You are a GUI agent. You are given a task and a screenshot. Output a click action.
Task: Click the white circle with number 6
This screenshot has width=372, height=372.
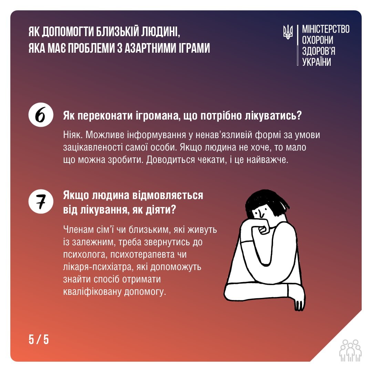point(41,115)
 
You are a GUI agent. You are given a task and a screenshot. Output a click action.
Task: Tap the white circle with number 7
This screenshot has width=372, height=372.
point(41,201)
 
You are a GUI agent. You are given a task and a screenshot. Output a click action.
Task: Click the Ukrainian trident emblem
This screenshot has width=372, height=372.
point(288,32)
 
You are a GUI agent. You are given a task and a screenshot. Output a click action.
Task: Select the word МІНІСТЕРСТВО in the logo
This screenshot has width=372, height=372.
point(326,29)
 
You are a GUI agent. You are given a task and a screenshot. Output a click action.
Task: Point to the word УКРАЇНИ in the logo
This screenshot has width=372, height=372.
point(317,62)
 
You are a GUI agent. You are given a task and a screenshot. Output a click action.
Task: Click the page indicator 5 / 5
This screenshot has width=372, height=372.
point(39,340)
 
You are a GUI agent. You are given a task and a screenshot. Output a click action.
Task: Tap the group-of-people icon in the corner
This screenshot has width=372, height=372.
point(350,350)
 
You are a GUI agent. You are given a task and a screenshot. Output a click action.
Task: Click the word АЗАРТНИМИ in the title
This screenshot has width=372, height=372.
point(151,48)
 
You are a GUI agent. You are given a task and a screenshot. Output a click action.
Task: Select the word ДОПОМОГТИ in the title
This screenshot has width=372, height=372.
point(68,32)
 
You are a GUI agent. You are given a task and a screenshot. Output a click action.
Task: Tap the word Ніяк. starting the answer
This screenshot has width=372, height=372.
point(73,135)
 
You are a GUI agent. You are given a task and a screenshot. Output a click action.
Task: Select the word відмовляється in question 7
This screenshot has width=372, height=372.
point(167,196)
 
